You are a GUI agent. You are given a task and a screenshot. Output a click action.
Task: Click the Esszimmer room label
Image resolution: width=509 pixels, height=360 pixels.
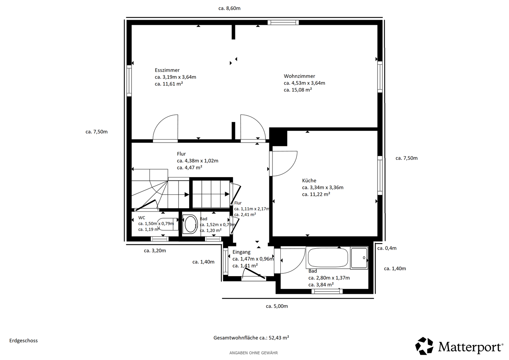pos(167,70)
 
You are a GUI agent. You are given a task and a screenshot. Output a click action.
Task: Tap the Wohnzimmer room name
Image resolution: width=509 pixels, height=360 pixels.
pos(299,76)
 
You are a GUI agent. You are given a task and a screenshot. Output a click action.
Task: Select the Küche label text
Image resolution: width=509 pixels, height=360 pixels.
pos(309,181)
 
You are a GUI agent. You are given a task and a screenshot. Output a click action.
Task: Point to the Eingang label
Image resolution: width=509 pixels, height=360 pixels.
pos(241,252)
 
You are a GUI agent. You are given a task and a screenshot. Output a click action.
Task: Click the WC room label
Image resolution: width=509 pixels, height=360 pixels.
pos(141,218)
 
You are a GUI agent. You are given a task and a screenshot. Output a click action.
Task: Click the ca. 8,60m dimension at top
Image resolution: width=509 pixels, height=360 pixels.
pos(229,8)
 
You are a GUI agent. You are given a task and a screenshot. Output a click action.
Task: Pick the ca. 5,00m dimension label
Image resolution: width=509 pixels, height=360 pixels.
pos(277,306)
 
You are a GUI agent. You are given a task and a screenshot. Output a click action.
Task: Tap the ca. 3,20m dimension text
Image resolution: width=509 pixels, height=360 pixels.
pos(155,251)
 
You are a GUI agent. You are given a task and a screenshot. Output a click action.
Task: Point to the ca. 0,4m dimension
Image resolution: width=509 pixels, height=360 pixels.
pos(387,248)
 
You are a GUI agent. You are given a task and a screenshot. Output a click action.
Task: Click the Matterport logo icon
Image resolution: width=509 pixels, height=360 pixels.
pos(424,346)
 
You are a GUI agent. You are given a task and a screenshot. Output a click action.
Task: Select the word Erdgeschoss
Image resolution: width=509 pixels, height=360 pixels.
pos(23,341)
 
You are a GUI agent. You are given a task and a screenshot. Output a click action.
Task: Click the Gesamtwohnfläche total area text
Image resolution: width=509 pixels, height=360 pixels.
pos(251,338)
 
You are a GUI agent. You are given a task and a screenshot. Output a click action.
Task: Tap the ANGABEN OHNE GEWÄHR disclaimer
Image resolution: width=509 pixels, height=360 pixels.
pos(253,353)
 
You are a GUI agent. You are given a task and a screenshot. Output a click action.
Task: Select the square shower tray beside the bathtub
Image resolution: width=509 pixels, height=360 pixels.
pos(359,258)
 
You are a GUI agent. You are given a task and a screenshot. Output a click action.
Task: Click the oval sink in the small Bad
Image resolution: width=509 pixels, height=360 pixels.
pos(191,224)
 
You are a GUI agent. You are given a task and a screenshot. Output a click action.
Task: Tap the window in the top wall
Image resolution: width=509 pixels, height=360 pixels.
pos(283,22)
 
